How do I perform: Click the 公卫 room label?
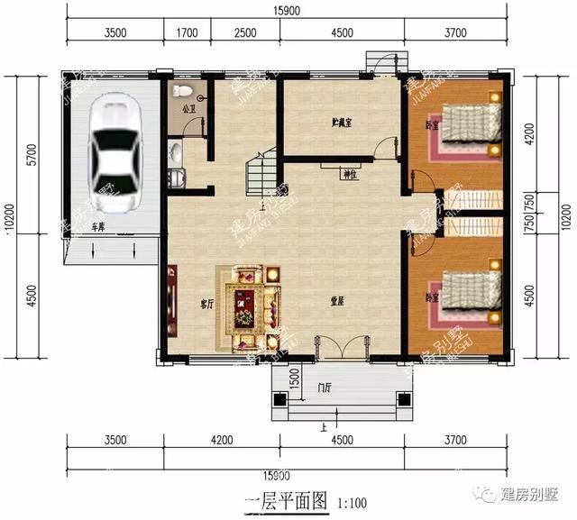click(x=188, y=110)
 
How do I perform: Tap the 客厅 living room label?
click(x=206, y=304)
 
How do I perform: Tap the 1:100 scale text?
click(x=353, y=501)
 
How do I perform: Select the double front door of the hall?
click(x=342, y=347)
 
